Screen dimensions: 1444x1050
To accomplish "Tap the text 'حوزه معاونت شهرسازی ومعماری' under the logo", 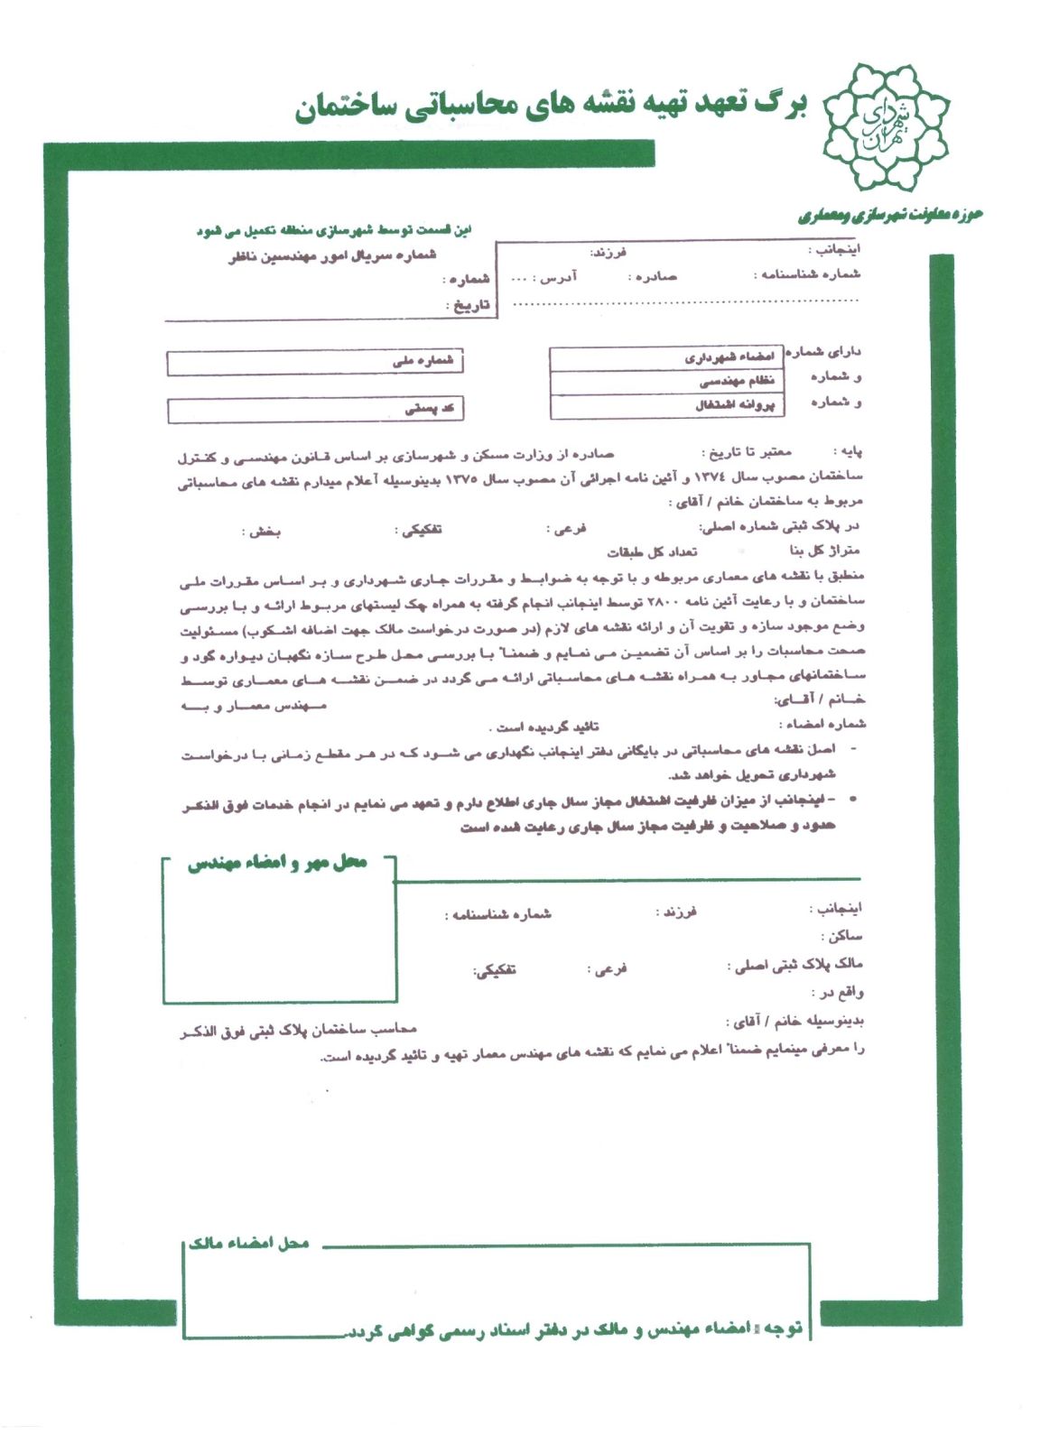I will pos(889,215).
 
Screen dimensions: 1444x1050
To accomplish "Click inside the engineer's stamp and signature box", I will pos(280,939).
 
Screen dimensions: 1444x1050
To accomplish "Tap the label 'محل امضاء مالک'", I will pos(249,1244).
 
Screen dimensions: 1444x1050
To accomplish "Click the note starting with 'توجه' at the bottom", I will pos(574,1329).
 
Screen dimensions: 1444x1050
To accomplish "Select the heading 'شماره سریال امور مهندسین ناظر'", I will pos(332,256).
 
